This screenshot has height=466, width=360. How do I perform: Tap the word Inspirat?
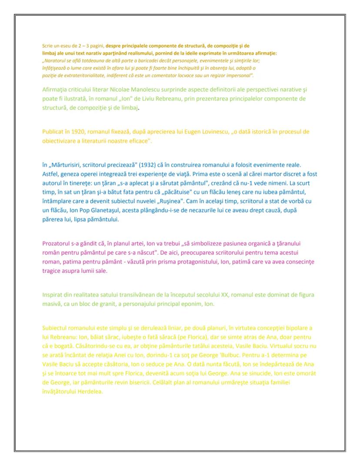(53, 295)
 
